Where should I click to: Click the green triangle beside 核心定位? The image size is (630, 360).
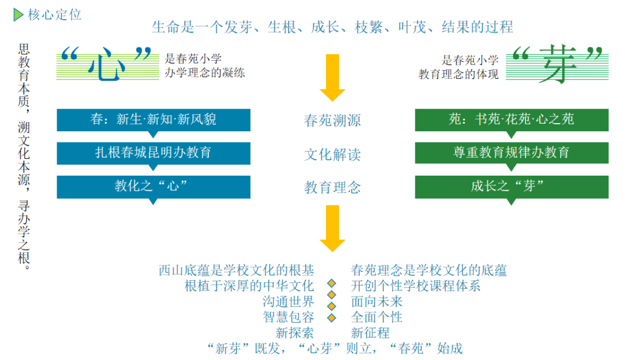[17, 15]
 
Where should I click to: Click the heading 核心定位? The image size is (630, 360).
[55, 15]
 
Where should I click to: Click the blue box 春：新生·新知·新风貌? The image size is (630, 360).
[153, 120]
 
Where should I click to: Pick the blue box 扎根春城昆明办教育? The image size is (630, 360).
[153, 153]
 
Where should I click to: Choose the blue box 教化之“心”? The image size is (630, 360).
[153, 187]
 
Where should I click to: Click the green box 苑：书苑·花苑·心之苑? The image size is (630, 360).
[512, 120]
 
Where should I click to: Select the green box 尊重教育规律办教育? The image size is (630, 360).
[512, 153]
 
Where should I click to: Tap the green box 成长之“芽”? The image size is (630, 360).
[512, 187]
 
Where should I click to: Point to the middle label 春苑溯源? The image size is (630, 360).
[332, 121]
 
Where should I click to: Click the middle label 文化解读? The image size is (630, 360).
[332, 154]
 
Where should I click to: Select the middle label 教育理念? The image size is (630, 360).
[332, 188]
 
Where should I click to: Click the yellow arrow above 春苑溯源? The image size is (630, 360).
[332, 78]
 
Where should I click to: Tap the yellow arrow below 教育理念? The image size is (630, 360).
[332, 228]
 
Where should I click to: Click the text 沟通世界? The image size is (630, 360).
[288, 301]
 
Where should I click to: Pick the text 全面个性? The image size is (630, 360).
[376, 317]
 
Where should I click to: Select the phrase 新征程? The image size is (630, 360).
[370, 333]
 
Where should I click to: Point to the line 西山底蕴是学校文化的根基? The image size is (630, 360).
[236, 270]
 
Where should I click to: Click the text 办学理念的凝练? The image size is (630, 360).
[205, 73]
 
